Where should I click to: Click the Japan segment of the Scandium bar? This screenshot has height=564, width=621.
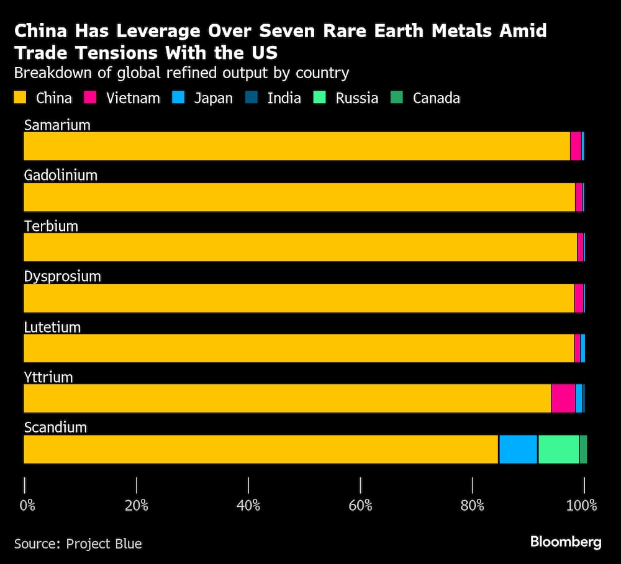[x=518, y=449]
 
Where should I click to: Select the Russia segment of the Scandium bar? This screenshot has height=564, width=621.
[x=558, y=449]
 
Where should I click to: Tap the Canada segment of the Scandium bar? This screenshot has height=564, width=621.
[x=583, y=449]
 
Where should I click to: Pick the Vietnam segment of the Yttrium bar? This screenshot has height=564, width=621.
[x=563, y=398]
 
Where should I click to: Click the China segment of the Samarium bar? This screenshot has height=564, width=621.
[x=297, y=146]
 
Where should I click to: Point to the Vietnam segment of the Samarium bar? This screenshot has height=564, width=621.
[x=576, y=146]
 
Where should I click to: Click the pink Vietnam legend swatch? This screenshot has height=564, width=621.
[x=90, y=97]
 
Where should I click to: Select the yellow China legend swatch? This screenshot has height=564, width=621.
[x=20, y=97]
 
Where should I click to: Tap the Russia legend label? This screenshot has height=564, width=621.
[x=357, y=98]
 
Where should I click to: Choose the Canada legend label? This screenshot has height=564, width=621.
[x=437, y=98]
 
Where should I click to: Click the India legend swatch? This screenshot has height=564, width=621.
[x=251, y=97]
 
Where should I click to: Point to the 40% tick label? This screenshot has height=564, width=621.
[x=248, y=506]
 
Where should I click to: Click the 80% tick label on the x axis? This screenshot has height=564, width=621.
[x=473, y=506]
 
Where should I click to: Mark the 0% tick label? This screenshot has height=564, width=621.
[x=27, y=506]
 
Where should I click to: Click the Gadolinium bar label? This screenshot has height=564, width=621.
[x=61, y=175]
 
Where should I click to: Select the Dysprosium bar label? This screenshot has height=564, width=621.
[x=63, y=277]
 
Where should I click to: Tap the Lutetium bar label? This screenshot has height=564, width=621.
[x=52, y=328]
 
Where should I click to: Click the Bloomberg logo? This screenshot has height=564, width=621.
[x=566, y=542]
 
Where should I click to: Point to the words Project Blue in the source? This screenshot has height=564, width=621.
[x=104, y=544]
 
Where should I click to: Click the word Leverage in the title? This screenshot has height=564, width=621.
[x=158, y=31]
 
